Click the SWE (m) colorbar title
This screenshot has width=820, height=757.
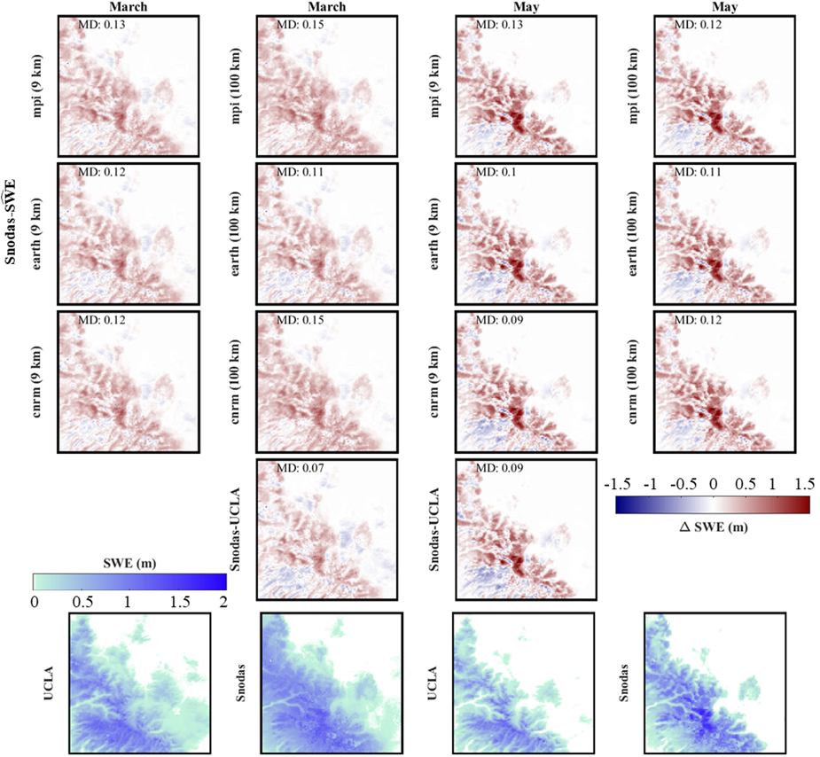pos(129,565)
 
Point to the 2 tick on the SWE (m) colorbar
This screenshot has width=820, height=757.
pos(223,602)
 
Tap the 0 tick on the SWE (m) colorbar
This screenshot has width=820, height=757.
pos(35,602)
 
